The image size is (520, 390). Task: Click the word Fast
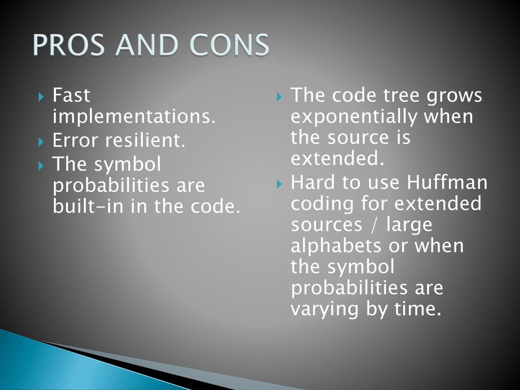pos(71,95)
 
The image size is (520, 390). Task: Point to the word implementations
pos(134,116)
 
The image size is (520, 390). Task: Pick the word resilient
pos(145,140)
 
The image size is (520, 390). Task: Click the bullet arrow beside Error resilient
pos(41,142)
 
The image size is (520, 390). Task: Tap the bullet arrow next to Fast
pos(41,97)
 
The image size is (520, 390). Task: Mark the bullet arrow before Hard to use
pos(279,184)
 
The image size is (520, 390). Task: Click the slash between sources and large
pos(374,224)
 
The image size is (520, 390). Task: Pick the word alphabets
pos(336,246)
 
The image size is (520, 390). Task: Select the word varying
pos(324,309)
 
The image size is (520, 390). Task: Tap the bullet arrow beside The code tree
pos(279,97)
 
